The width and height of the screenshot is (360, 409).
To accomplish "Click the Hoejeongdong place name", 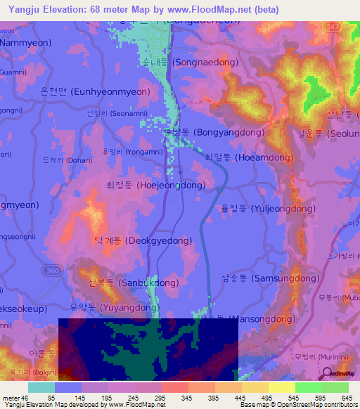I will point(155,186).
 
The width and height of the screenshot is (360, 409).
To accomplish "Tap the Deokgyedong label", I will point(143,240).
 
